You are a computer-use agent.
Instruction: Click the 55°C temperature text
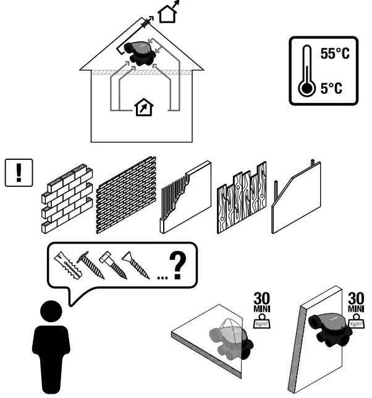point(334,55)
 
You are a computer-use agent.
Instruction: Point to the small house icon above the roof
point(167,12)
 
